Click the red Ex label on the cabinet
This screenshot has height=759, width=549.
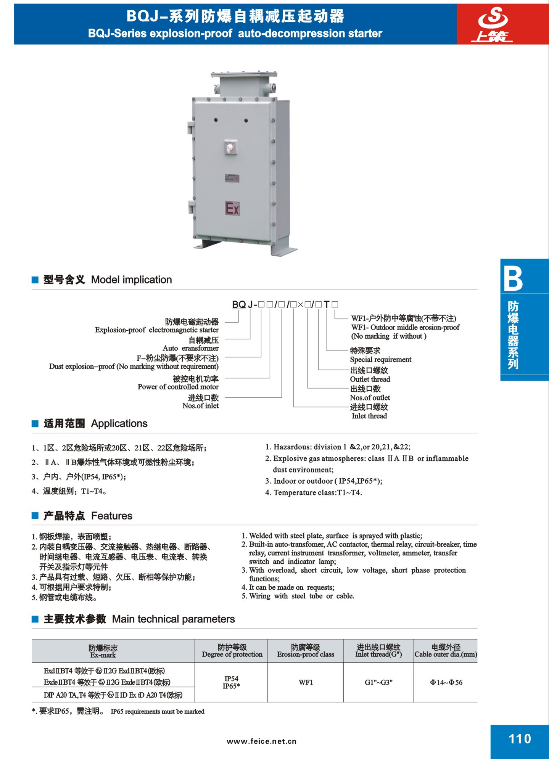click(x=232, y=208)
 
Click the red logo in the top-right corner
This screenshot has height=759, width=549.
click(x=494, y=24)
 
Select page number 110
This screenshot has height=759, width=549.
click(x=520, y=739)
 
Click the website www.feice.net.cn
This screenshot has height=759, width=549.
click(x=261, y=741)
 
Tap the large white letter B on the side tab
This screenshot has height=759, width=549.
click(x=513, y=279)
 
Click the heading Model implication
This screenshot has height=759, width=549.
click(x=131, y=280)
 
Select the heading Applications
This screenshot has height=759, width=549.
click(x=119, y=423)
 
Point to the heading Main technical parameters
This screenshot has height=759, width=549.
click(x=173, y=619)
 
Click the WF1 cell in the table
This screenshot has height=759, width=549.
click(x=306, y=682)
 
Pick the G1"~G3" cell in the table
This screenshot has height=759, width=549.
click(x=378, y=682)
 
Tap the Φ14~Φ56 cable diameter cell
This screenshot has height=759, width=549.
click(x=446, y=682)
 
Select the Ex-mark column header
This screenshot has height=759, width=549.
click(x=103, y=655)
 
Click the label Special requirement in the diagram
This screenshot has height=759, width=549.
click(x=380, y=359)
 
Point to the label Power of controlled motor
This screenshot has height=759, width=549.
click(x=178, y=387)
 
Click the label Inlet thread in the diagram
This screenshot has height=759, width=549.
click(x=369, y=416)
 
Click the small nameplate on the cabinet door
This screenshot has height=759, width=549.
click(x=232, y=178)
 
